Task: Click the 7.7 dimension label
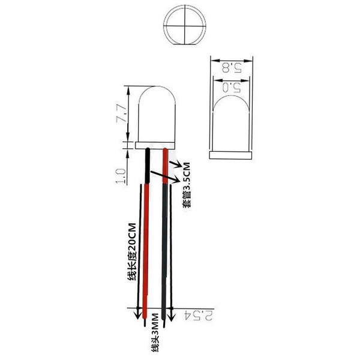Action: (x=121, y=113)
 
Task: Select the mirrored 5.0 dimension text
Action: (x=231, y=88)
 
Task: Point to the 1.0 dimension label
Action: (x=121, y=176)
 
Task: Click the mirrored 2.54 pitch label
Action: (x=199, y=316)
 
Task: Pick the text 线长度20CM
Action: (x=132, y=251)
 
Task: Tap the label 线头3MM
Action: (x=155, y=332)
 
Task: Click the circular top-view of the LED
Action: (x=185, y=25)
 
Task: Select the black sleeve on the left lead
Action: (x=148, y=166)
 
